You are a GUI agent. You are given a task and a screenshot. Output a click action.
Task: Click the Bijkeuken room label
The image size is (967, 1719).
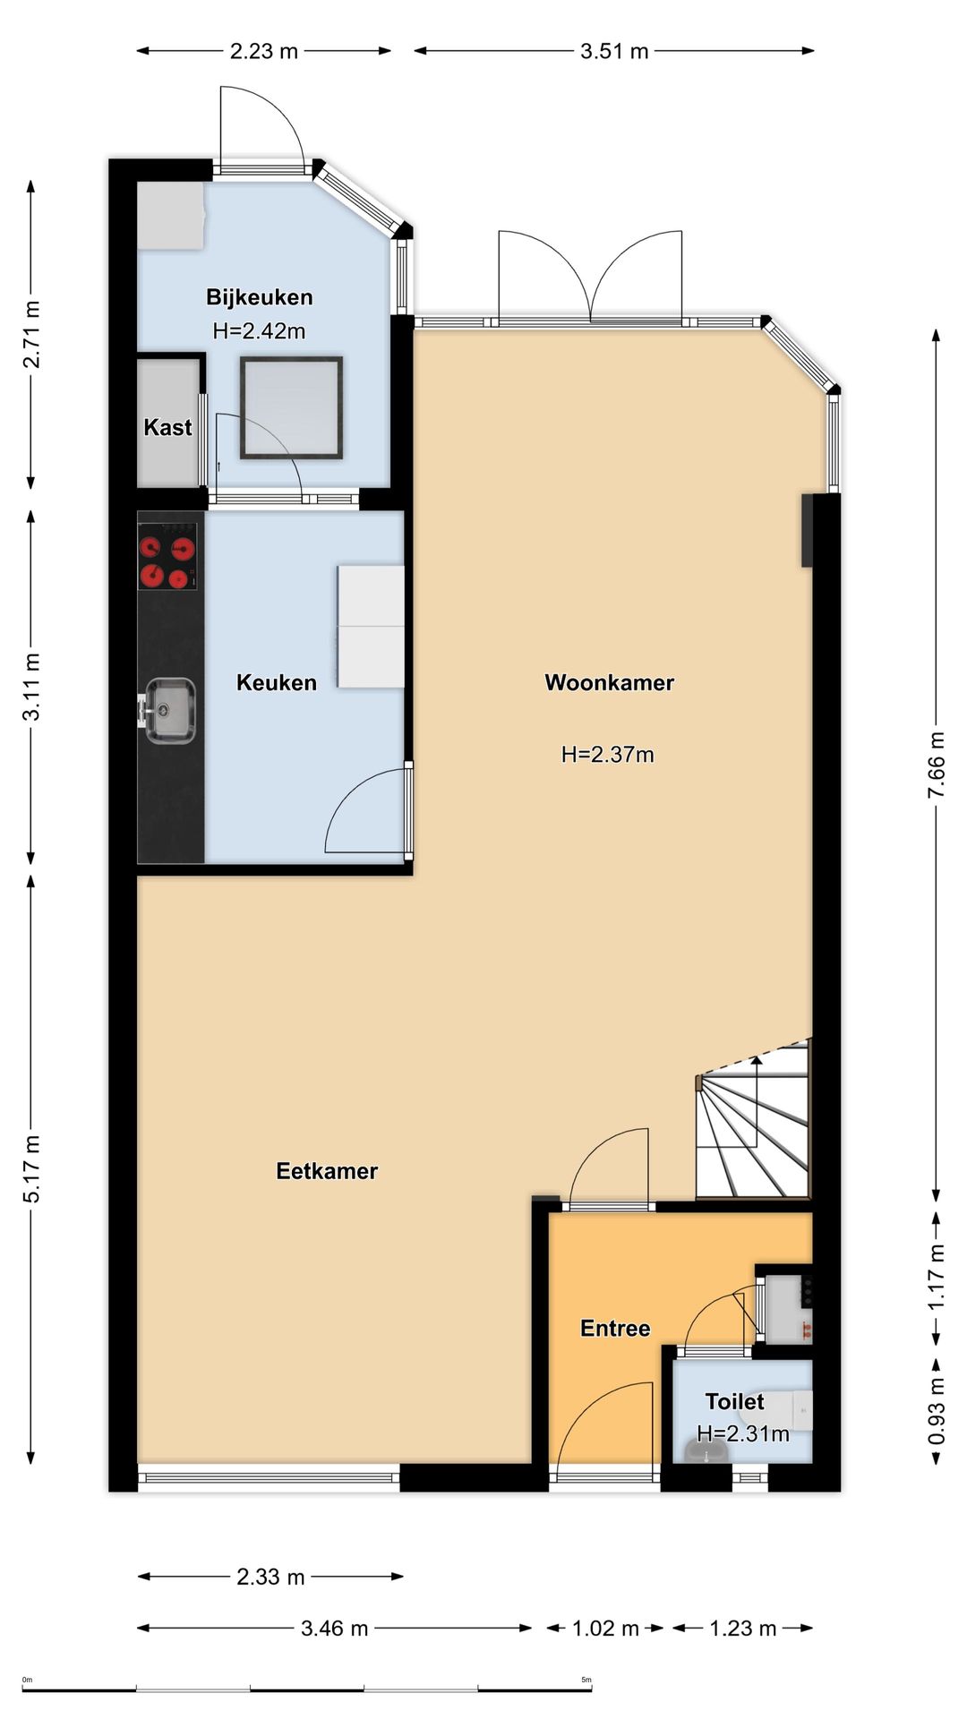(x=259, y=297)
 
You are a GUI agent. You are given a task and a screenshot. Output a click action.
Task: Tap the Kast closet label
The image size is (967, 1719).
(x=167, y=427)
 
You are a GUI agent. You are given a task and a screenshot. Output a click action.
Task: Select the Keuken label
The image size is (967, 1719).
(x=276, y=682)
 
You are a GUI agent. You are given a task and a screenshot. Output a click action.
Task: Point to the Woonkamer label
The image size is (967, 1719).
(x=609, y=682)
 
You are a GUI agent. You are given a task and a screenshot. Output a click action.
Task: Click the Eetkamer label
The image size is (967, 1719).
(x=327, y=1171)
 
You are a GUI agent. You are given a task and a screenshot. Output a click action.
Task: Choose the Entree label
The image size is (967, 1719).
(x=615, y=1328)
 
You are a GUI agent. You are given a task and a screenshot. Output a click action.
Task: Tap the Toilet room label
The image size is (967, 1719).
(x=734, y=1401)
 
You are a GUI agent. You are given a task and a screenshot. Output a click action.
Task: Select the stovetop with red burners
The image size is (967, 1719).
(x=167, y=556)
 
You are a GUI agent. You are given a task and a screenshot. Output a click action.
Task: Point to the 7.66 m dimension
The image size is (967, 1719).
(x=937, y=765)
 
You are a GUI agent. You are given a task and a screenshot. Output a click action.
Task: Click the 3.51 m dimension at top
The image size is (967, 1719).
(x=614, y=51)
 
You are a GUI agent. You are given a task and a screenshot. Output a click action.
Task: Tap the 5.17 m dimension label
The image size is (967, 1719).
(x=31, y=1168)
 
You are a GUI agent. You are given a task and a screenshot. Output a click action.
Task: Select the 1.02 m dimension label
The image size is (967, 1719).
(x=605, y=1628)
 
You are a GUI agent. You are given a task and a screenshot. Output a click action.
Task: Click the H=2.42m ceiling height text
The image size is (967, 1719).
(x=259, y=330)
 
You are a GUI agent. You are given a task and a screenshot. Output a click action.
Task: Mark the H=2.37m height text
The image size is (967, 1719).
(x=607, y=755)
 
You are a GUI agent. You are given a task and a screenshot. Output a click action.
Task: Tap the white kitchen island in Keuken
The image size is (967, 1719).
(x=371, y=626)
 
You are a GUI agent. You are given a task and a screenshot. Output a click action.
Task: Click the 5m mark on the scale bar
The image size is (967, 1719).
(x=586, y=1680)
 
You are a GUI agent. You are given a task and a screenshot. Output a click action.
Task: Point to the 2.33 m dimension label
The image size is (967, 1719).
(x=270, y=1577)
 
